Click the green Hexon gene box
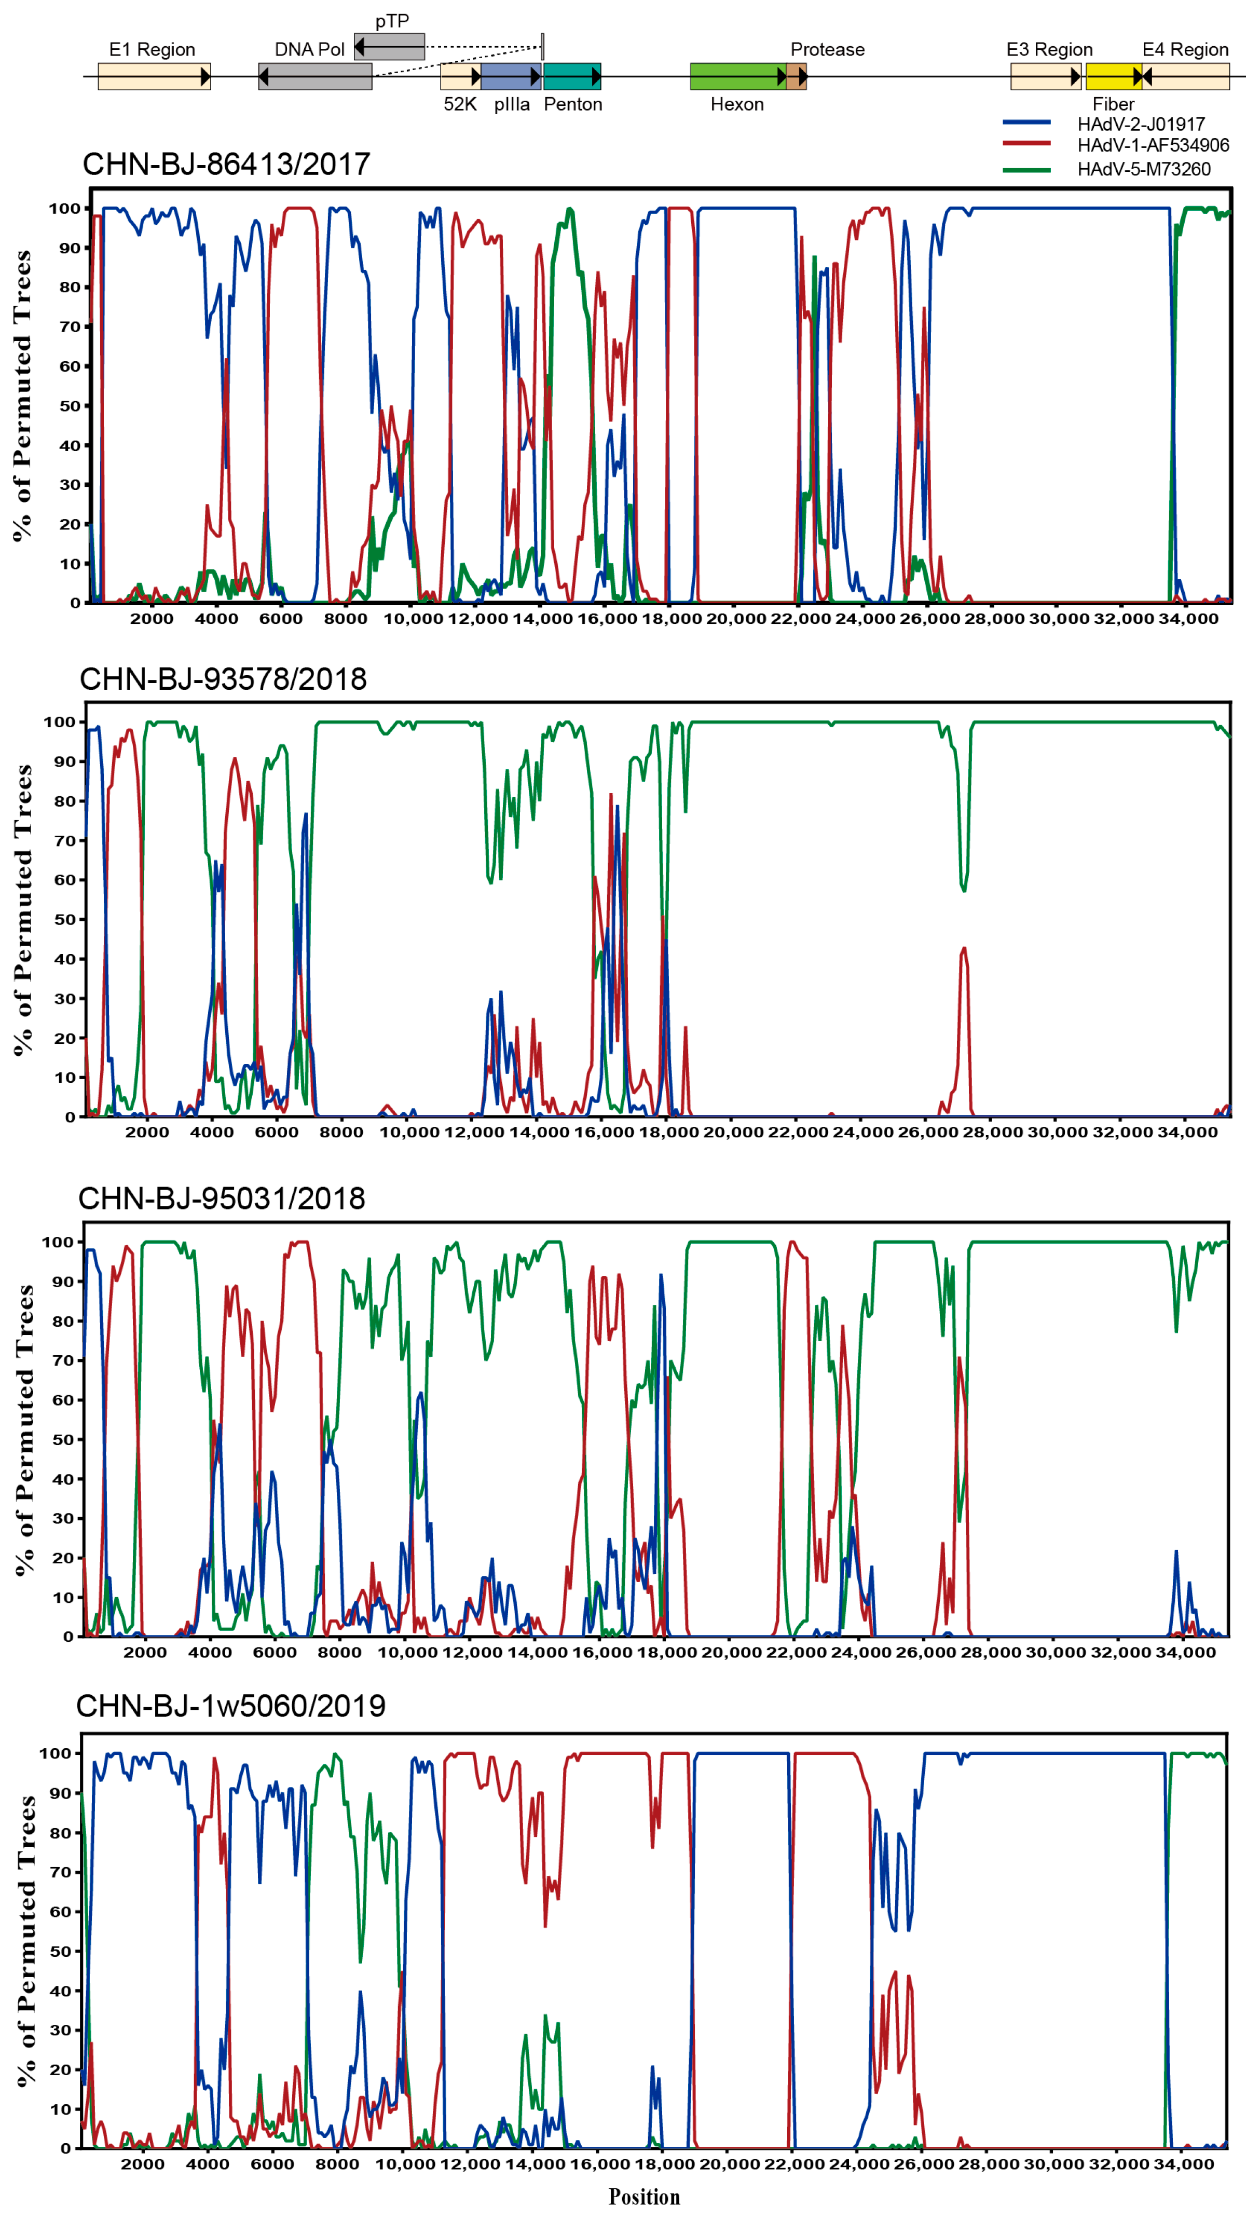tap(737, 77)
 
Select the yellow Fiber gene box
tap(1113, 77)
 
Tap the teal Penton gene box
tap(572, 77)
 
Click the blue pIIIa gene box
tap(511, 77)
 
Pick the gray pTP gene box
tap(389, 47)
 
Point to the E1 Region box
tap(154, 77)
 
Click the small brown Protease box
tap(796, 77)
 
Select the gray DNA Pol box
tap(315, 77)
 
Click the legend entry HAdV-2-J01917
tap(1141, 124)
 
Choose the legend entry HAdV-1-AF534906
tap(1153, 145)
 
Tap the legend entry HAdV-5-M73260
tap(1143, 169)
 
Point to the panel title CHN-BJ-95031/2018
tap(222, 1198)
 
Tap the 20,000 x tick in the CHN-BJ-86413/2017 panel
tap(735, 619)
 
